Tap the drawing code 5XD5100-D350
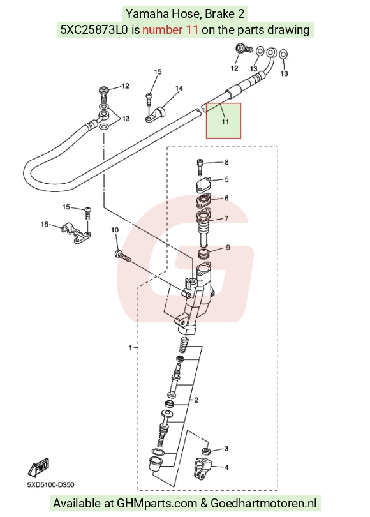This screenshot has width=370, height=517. point(51,484)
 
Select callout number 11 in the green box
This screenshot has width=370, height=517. point(225,122)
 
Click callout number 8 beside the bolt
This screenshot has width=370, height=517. point(226,162)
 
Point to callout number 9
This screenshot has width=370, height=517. point(228,248)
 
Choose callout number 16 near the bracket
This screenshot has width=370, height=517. point(45,225)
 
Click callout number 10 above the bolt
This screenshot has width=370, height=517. point(115,230)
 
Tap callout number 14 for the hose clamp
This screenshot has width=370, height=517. point(179,88)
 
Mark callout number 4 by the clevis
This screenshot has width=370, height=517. point(226,467)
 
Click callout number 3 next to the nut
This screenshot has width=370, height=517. point(226,449)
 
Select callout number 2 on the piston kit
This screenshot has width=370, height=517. point(196,400)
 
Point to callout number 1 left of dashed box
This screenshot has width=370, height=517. point(131,347)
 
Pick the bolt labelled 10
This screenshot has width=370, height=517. point(122,256)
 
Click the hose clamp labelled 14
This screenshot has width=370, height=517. point(156,114)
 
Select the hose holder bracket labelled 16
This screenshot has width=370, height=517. point(76,233)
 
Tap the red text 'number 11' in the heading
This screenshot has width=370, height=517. point(170,30)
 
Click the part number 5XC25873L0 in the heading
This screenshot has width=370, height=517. point(94,30)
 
